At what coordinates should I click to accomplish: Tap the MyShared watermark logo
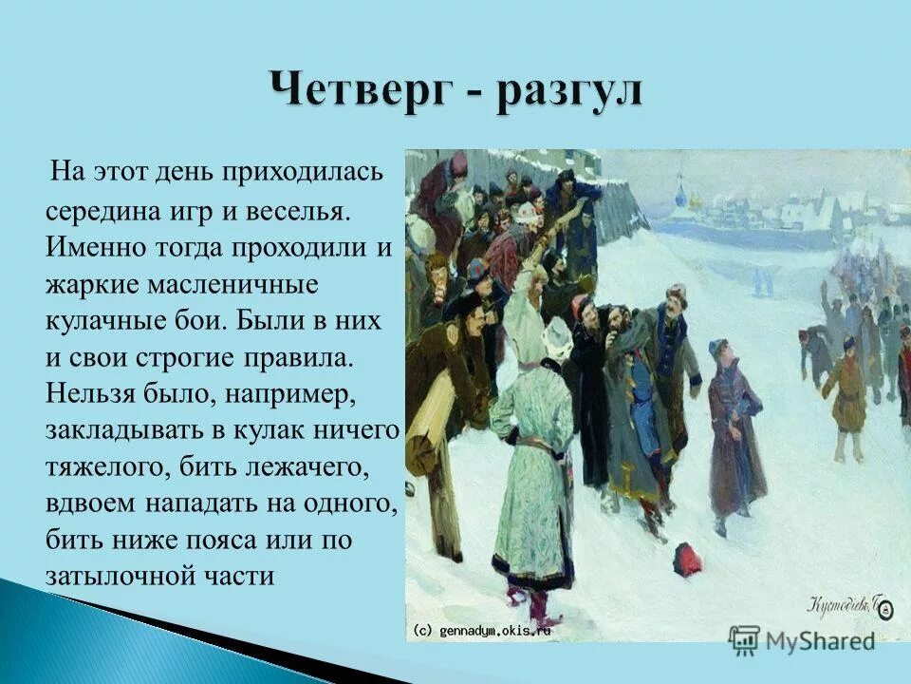[x=802, y=639]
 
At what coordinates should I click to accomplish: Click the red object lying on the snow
[x=688, y=559]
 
